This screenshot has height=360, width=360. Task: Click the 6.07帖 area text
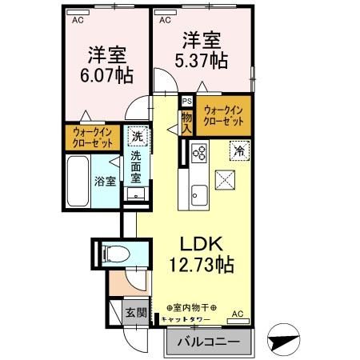[x=108, y=76]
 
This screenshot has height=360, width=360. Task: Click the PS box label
[x=186, y=102]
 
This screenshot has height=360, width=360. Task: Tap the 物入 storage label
[x=186, y=122]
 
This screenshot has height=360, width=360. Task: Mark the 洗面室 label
[x=136, y=167]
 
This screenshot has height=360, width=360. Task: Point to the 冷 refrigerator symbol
[x=238, y=149]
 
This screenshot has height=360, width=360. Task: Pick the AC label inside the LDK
[x=237, y=314]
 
